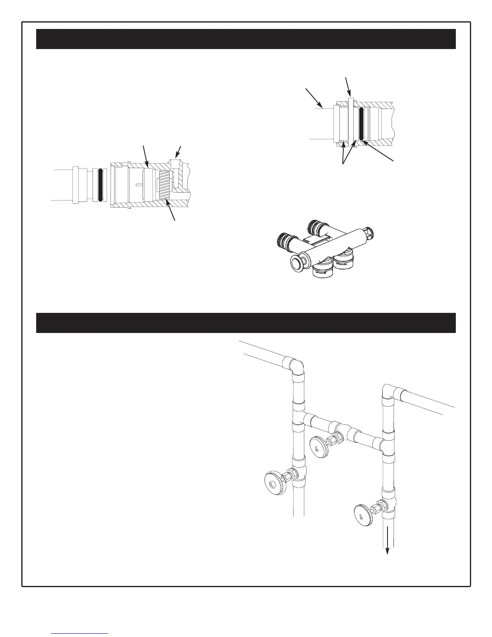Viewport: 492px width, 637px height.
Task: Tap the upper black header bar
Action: click(246, 39)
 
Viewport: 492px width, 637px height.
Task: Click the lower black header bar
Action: click(246, 323)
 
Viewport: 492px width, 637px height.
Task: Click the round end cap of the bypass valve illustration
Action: click(297, 263)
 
